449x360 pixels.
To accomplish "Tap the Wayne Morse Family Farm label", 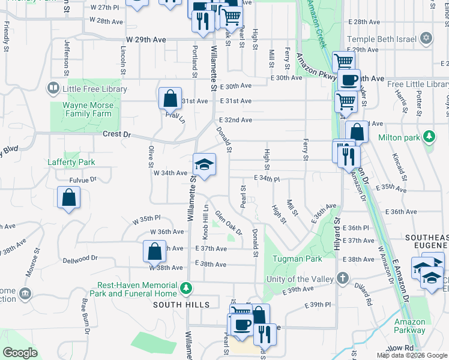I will pos(87,109).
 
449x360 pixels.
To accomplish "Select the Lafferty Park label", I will pos(71,162).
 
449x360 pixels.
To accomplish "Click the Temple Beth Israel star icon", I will pos(427,38).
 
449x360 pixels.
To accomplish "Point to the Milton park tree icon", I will pos(429,137).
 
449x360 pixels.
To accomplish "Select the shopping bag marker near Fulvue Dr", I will pos(69,198).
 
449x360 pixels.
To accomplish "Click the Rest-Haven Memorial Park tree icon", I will pos(187,289).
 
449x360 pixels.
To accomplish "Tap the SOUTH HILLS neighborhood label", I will pos(181,305).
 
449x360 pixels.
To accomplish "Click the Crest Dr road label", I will pos(116,135).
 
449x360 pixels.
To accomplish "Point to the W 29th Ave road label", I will pos(146,40).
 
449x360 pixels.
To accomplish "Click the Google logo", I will pos(20,353).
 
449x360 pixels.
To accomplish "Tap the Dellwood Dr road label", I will pos(80,259).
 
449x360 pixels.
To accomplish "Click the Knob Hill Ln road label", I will pos(205,221).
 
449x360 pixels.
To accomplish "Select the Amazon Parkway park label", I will pos(410,326).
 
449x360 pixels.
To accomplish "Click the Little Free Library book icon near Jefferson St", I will pos(53,89).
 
